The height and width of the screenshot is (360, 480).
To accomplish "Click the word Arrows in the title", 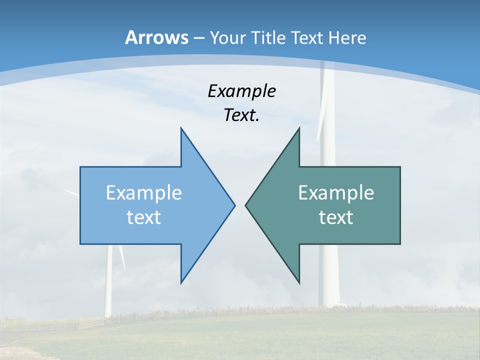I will click(156, 37).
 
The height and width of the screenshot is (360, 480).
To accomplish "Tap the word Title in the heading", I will click(272, 38).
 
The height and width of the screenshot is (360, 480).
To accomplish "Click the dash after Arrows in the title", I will click(198, 38).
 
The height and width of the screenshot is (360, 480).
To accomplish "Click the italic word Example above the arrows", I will click(241, 91).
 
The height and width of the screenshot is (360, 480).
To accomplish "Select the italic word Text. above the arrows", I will click(241, 115).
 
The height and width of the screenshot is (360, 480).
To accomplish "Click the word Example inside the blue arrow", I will click(144, 193).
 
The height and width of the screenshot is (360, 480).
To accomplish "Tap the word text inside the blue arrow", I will click(144, 217).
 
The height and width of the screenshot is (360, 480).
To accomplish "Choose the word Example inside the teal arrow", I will click(336, 193).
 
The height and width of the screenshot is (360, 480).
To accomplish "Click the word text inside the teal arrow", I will click(336, 217).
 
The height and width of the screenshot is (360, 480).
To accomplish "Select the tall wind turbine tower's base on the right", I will click(329, 300).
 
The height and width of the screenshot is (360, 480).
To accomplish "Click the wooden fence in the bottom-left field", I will click(90, 322).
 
